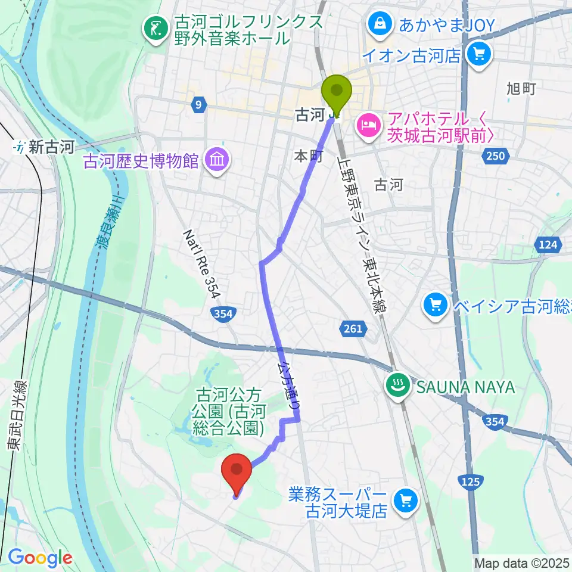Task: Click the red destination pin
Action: pyautogui.click(x=237, y=471)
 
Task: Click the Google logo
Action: pyautogui.click(x=39, y=558)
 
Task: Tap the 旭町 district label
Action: pyautogui.click(x=521, y=89)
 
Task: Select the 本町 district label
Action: pyautogui.click(x=309, y=156)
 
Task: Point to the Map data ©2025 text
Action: pyautogui.click(x=521, y=562)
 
